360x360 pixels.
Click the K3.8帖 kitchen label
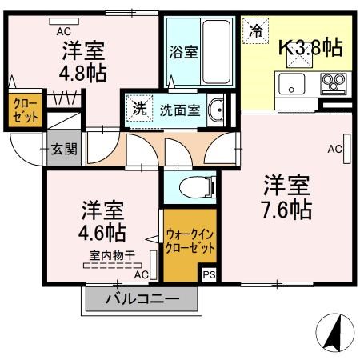(310, 48)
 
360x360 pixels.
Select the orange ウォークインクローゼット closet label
(190, 242)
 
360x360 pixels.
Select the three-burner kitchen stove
(333, 82)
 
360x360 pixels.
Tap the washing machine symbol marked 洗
(140, 110)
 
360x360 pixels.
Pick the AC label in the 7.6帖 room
(334, 149)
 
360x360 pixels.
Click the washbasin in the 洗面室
(214, 110)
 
